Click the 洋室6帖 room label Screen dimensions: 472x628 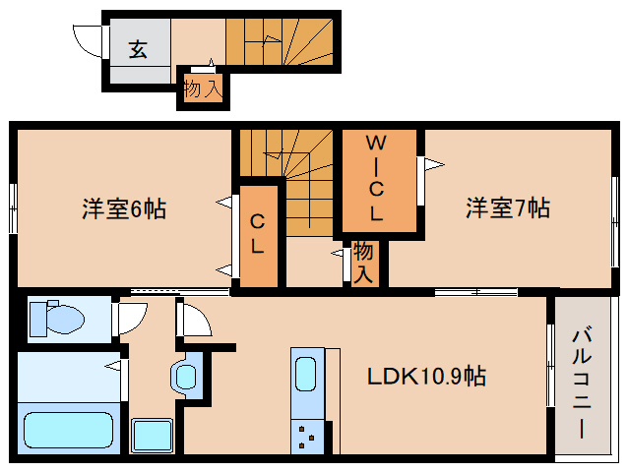[123, 209]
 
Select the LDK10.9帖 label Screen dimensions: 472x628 [426, 376]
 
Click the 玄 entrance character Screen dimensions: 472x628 [138, 50]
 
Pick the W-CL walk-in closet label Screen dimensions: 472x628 [375, 178]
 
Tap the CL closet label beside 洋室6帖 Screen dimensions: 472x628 [256, 234]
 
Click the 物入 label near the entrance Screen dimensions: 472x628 [203, 88]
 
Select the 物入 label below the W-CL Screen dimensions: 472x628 [363, 263]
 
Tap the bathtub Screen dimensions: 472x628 [68, 431]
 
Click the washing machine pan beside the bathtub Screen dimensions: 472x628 [153, 435]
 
